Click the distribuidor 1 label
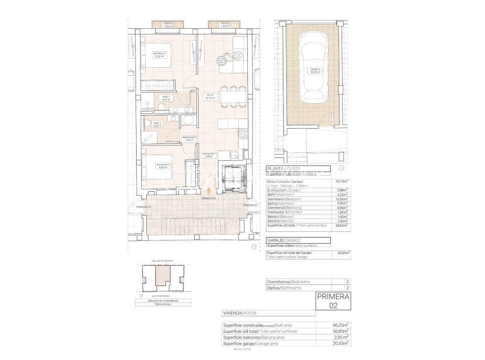click(209, 155)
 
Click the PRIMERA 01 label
click(251, 206)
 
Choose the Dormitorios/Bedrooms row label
click(289, 282)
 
